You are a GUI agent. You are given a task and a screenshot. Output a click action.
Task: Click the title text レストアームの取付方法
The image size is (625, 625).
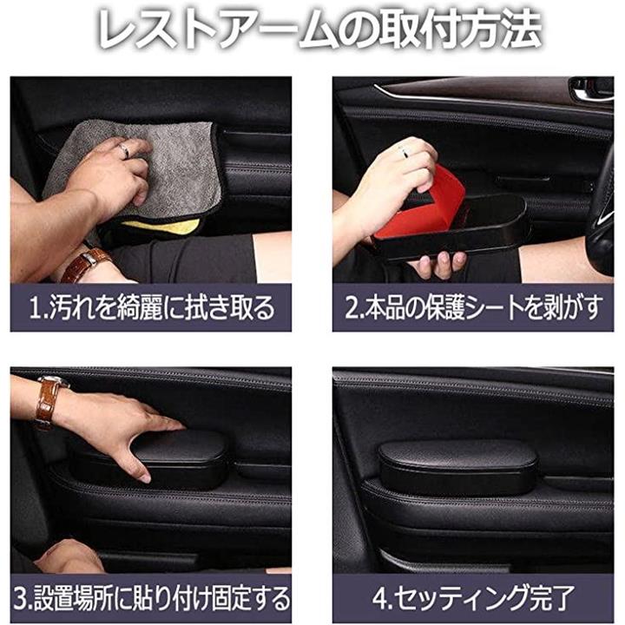click(319, 30)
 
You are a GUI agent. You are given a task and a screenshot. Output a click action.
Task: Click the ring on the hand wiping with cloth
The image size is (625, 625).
click(125, 151)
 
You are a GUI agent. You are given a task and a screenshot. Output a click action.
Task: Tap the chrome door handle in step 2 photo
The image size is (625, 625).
click(591, 89)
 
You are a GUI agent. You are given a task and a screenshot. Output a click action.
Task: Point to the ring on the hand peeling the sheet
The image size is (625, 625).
click(405, 151)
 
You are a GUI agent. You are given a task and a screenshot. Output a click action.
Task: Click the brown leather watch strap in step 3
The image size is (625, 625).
click(49, 403)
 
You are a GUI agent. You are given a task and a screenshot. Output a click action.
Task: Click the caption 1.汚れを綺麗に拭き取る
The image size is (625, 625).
click(152, 307)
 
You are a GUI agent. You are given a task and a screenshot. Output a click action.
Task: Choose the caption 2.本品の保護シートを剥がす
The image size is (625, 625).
click(473, 307)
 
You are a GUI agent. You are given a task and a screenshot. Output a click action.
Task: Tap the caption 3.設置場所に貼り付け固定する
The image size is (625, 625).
click(151, 598)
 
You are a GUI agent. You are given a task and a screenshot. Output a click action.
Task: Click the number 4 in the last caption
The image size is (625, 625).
click(380, 598)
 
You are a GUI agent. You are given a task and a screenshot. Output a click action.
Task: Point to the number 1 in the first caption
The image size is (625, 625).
click(35, 308)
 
